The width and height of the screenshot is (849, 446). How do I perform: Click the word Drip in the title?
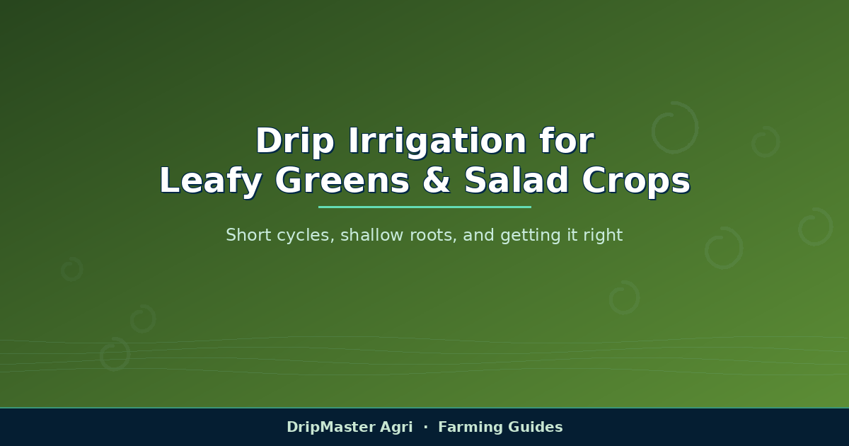pyautogui.click(x=295, y=142)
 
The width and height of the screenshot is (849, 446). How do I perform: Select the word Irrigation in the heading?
pyautogui.click(x=437, y=142)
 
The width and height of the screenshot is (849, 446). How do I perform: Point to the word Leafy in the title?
pyautogui.click(x=211, y=181)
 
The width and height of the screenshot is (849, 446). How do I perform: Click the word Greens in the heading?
pyautogui.click(x=342, y=181)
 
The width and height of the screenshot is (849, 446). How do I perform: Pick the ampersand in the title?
pyautogui.click(x=437, y=181)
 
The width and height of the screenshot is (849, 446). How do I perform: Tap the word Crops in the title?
pyautogui.click(x=636, y=181)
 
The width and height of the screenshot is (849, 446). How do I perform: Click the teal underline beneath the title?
pyautogui.click(x=424, y=207)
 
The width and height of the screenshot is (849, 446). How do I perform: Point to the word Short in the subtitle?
pyautogui.click(x=248, y=235)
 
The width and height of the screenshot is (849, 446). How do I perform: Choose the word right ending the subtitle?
pyautogui.click(x=603, y=236)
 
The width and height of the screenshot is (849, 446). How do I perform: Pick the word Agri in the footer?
pyautogui.click(x=396, y=428)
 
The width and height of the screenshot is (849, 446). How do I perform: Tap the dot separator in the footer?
pyautogui.click(x=426, y=427)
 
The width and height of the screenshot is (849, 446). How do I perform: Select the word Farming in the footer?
pyautogui.click(x=470, y=428)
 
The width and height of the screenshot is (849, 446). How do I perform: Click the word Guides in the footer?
pyautogui.click(x=535, y=427)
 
